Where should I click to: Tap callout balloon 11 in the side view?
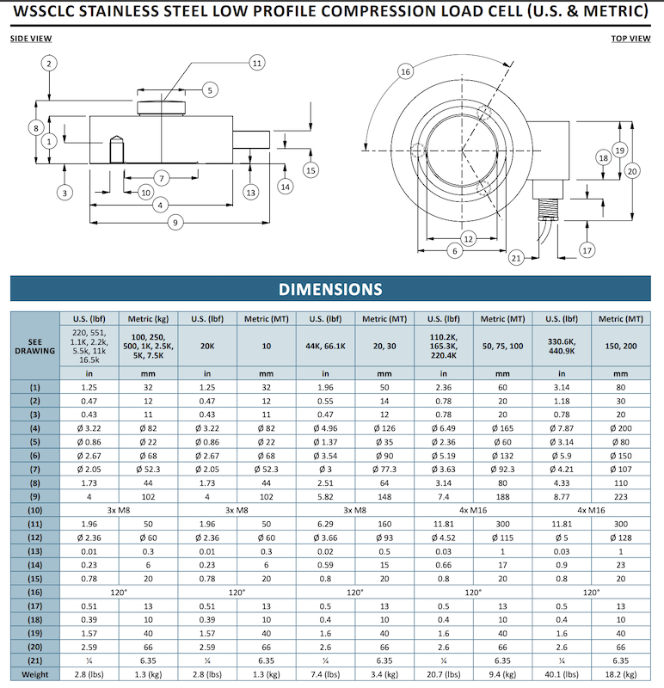pos(256,62)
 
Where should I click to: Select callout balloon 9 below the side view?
pos(175,222)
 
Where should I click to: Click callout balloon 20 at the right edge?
pos(632,170)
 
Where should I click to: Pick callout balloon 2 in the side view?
pos(50,64)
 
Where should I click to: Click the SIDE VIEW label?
pos(31,39)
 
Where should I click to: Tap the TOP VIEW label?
pos(630,39)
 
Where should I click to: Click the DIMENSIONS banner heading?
pos(330,289)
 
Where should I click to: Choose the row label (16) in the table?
pos(35,593)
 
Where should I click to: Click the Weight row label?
pos(35,675)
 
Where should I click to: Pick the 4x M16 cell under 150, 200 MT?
pos(592,510)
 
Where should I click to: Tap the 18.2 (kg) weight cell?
pos(621,675)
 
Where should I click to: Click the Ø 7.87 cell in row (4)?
pos(562,427)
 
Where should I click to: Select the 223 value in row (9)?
pos(621,496)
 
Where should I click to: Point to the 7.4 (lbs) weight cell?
pos(325,675)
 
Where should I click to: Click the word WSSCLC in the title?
pos(54,13)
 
